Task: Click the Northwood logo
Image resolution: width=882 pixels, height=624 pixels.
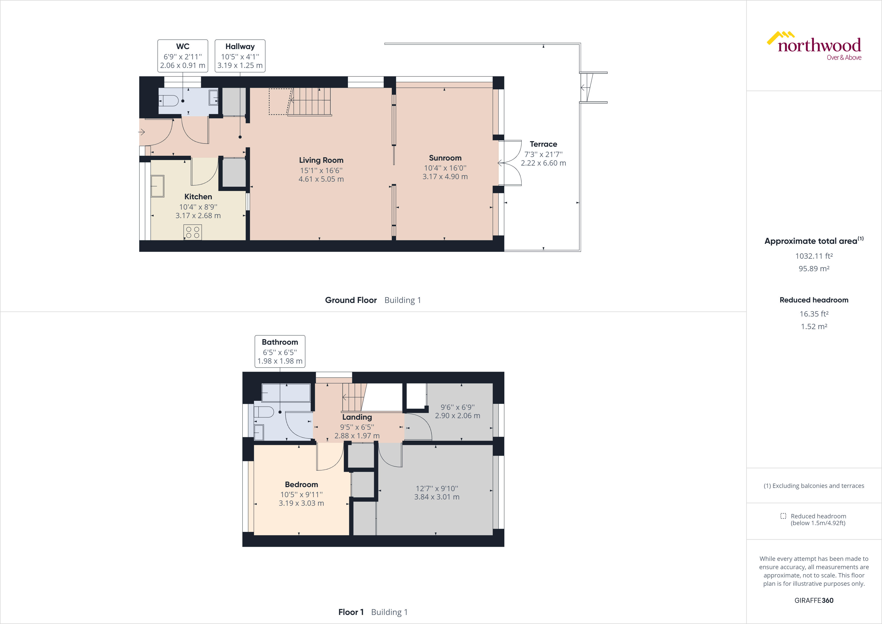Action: tap(814, 46)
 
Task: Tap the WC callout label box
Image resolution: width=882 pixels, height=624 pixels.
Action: tap(183, 56)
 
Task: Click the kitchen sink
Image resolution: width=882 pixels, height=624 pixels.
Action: tap(157, 186)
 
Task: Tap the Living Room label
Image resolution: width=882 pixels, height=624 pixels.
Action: tap(321, 160)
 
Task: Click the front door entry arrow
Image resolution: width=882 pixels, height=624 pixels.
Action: tap(142, 132)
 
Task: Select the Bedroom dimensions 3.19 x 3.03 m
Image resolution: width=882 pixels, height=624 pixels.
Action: tap(301, 503)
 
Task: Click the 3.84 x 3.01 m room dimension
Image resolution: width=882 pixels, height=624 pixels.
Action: tap(436, 497)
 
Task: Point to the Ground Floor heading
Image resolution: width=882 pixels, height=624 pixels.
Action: tap(351, 300)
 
